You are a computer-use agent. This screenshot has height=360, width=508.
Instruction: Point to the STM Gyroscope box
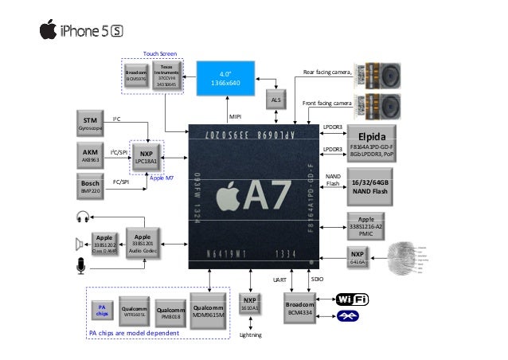(89, 121)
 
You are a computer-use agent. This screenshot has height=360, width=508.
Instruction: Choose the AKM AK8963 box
(89, 153)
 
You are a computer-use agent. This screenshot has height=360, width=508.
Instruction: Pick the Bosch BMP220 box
(89, 186)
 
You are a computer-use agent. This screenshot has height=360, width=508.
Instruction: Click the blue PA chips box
(101, 311)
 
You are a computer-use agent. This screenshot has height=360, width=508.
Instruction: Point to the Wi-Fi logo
(352, 299)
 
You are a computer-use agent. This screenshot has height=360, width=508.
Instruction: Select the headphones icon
(81, 217)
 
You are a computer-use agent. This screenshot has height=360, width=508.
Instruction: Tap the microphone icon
(80, 266)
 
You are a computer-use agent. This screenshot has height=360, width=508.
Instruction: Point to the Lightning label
(250, 335)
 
